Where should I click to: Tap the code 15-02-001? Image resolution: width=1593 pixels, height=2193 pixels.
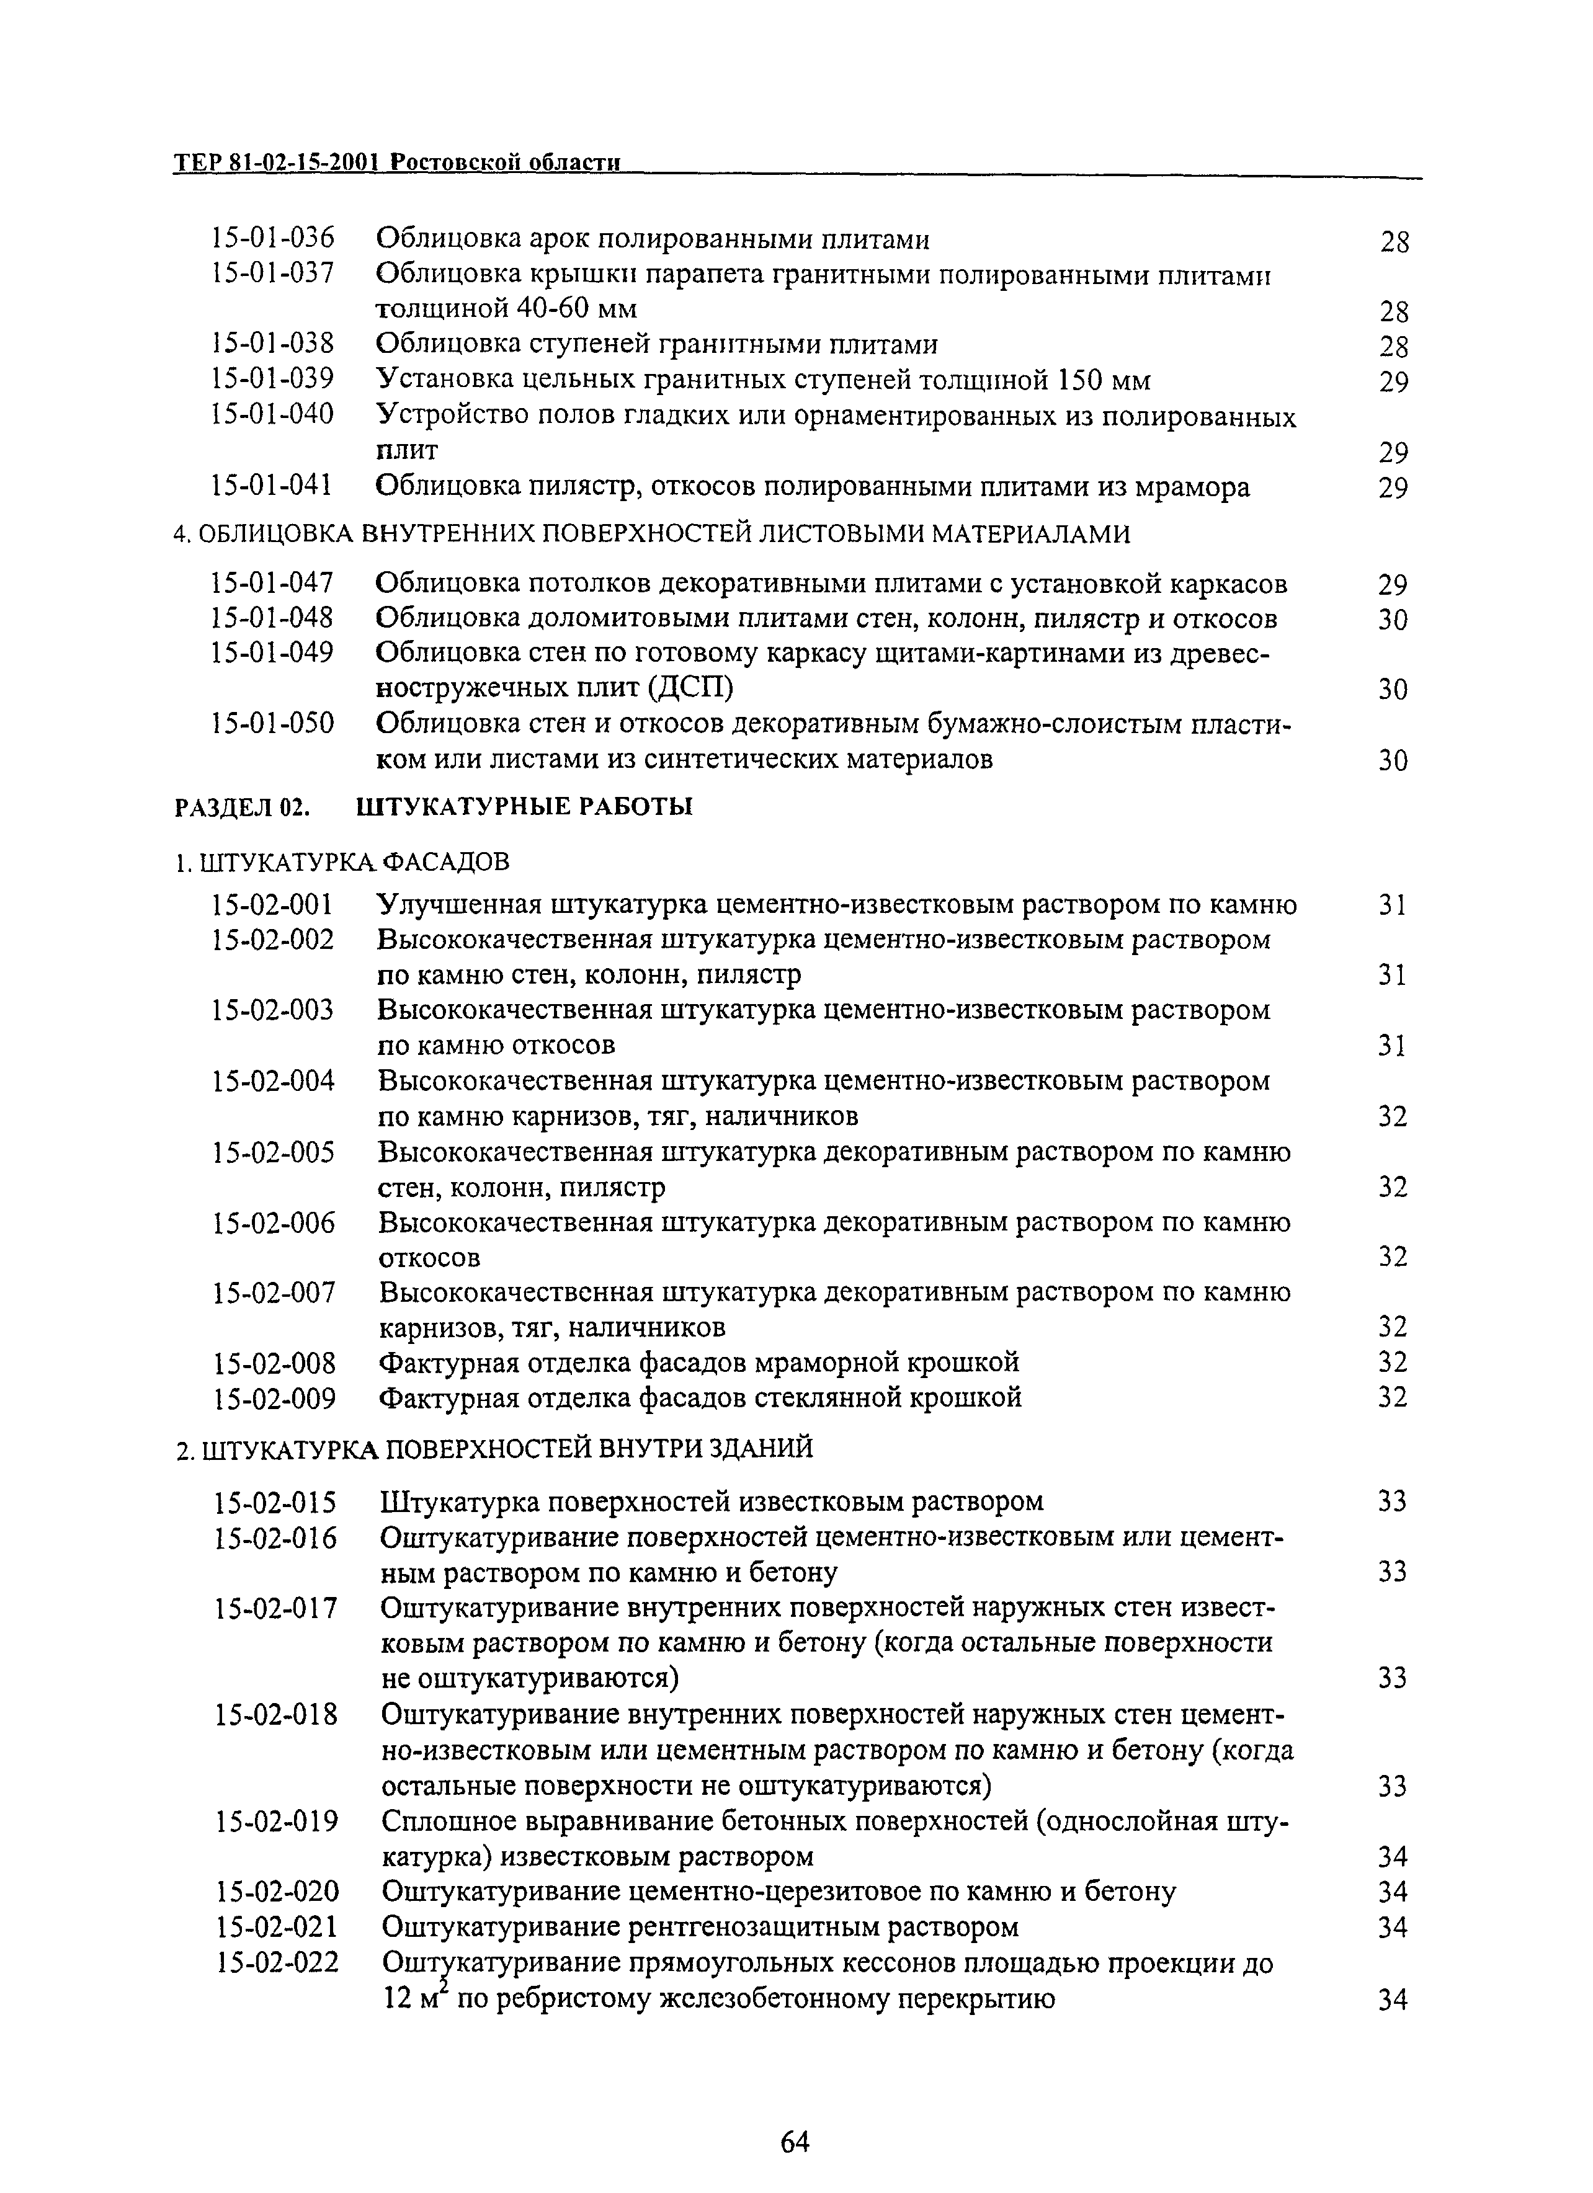point(273,905)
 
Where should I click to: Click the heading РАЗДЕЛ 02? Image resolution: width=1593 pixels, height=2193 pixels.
point(242,806)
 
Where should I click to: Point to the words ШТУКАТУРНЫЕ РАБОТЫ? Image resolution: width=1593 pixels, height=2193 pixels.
point(524,806)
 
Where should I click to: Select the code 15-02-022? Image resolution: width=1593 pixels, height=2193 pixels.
point(277,1963)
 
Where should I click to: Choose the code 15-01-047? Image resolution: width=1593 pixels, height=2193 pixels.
point(273,583)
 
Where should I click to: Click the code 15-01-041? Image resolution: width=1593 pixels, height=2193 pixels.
point(273,486)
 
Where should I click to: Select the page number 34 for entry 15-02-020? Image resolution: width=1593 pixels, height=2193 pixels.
point(1392,1892)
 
